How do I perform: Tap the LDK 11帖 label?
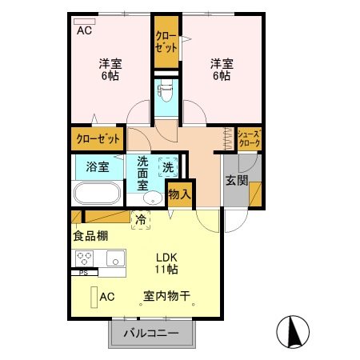pyautogui.click(x=166, y=263)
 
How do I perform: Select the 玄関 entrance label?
pyautogui.click(x=235, y=179)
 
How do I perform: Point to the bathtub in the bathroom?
pyautogui.click(x=97, y=194)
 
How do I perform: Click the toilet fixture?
pyautogui.click(x=166, y=95)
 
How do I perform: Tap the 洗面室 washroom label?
pyautogui.click(x=143, y=171)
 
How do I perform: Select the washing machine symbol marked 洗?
pyautogui.click(x=168, y=168)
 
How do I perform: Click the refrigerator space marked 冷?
pyautogui.click(x=141, y=218)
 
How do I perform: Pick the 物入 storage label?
pyautogui.click(x=180, y=194)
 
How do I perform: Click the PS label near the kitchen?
pyautogui.click(x=83, y=273)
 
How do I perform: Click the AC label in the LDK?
pyautogui.click(x=107, y=297)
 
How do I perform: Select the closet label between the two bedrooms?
pyautogui.click(x=166, y=42)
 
